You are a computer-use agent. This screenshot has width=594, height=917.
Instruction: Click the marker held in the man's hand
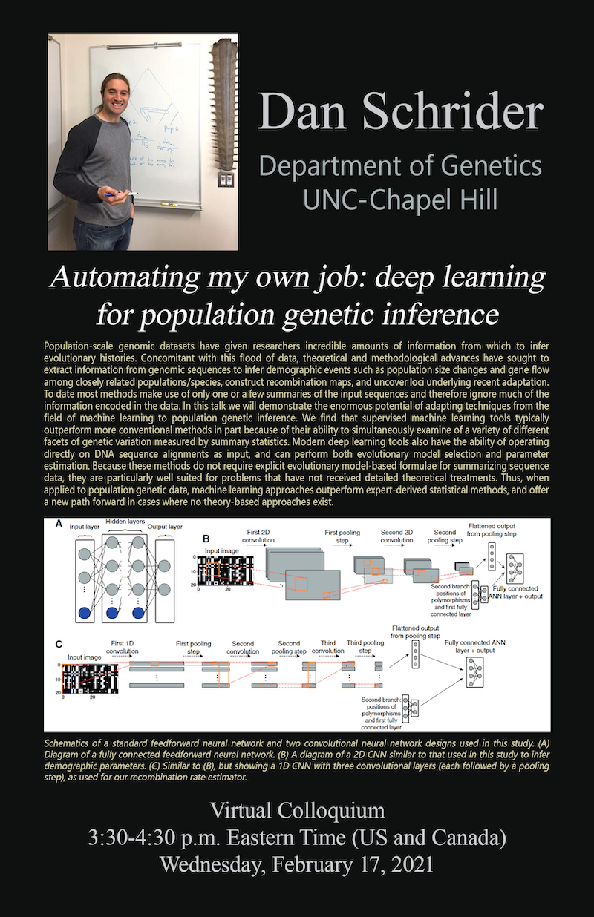(x=120, y=195)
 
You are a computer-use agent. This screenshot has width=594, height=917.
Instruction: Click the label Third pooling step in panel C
(x=365, y=647)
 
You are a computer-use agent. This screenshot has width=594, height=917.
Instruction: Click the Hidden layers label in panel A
(x=126, y=522)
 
